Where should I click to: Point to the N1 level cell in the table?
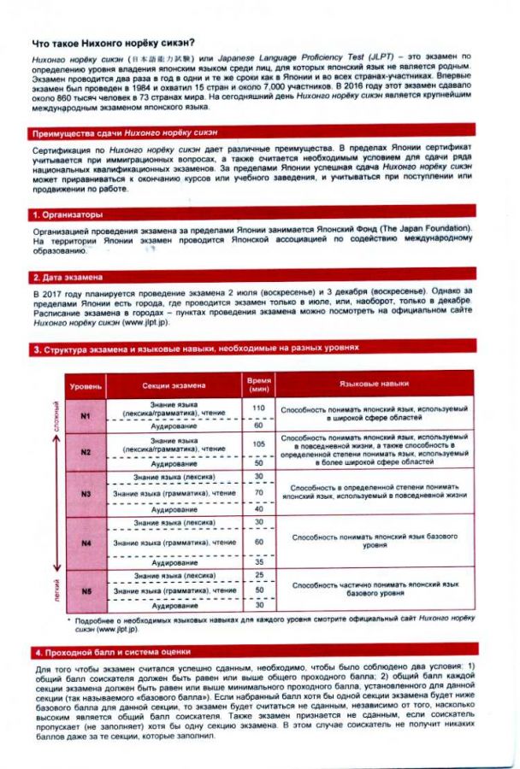(86, 415)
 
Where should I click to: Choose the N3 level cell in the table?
(86, 494)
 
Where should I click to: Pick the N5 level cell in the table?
(86, 590)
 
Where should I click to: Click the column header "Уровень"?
(86, 385)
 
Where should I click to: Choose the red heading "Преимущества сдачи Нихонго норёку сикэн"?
(124, 132)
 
